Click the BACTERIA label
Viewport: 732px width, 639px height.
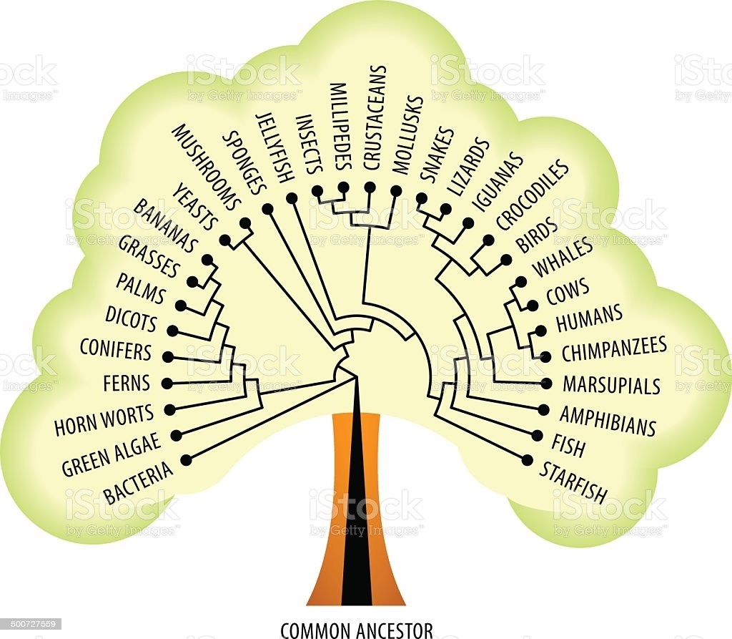pyautogui.click(x=138, y=482)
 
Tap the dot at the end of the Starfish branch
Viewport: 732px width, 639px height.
pyautogui.click(x=528, y=459)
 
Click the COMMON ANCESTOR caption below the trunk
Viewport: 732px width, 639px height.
pyautogui.click(x=357, y=630)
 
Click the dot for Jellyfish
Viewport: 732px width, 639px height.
pyautogui.click(x=292, y=198)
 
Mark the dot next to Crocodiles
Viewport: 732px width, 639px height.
pyautogui.click(x=489, y=240)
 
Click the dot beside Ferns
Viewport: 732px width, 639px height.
pyautogui.click(x=167, y=384)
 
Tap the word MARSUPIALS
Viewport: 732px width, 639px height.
pyautogui.click(x=612, y=385)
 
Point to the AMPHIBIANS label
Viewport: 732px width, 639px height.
pyautogui.click(x=608, y=420)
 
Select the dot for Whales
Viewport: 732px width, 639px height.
pyautogui.click(x=521, y=281)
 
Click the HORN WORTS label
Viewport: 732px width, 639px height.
pyautogui.click(x=104, y=419)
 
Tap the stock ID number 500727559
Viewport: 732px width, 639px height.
pyautogui.click(x=31, y=624)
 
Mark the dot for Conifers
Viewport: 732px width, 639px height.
pyautogui.click(x=167, y=356)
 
